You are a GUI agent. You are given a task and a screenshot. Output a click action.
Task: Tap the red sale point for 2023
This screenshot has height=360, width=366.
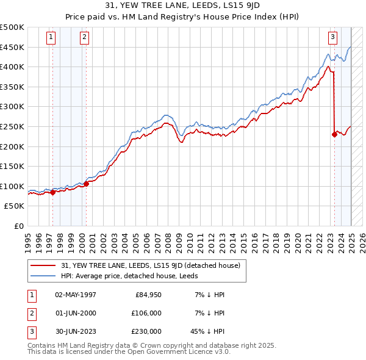(334, 134)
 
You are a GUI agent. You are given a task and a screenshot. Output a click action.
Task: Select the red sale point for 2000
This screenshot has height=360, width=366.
(86, 183)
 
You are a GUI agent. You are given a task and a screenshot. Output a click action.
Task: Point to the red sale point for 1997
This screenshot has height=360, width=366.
(52, 192)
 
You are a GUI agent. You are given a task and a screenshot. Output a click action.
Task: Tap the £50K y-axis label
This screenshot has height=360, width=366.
(15, 206)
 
